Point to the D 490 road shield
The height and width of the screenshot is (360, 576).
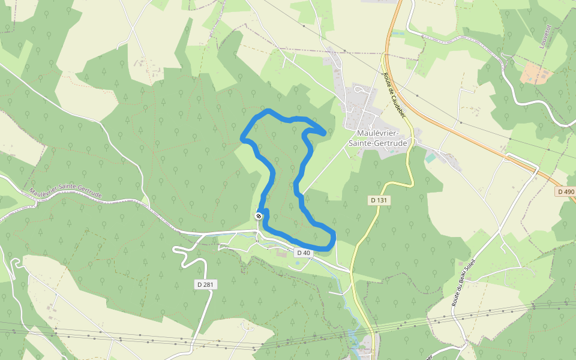565,191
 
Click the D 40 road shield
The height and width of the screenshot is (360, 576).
303,253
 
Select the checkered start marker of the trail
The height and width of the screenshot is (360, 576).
259,216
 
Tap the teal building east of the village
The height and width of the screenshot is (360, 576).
431,158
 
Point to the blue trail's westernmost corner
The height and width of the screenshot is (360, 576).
243,139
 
